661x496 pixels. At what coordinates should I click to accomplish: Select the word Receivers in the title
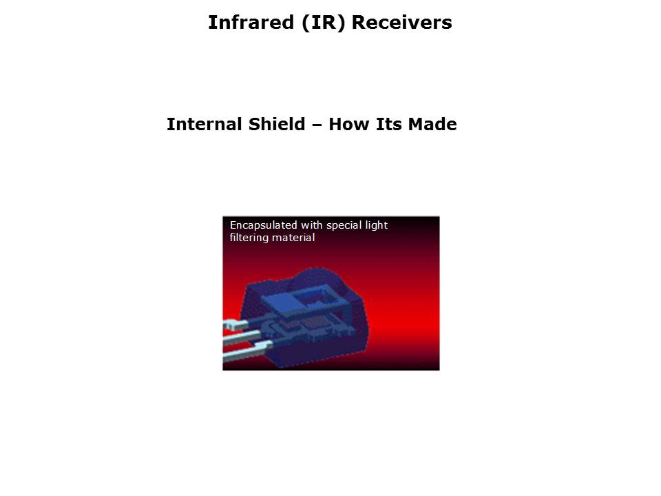(402, 23)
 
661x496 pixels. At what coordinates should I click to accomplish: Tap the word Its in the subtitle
(389, 125)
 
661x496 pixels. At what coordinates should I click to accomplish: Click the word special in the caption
(346, 226)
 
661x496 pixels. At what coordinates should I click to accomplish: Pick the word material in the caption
(293, 238)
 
